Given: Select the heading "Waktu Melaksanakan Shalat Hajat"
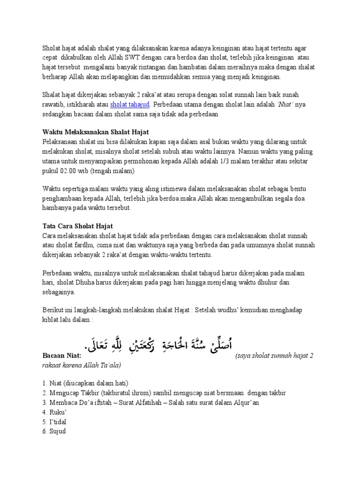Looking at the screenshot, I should click(x=96, y=132).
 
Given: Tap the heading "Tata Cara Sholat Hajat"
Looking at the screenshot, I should click(x=78, y=226).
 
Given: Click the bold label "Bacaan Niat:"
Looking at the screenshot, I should click(x=61, y=356).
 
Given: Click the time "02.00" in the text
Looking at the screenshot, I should click(x=69, y=171).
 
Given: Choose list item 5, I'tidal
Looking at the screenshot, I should click(x=55, y=421).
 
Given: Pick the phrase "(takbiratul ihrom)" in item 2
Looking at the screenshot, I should click(x=121, y=393).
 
